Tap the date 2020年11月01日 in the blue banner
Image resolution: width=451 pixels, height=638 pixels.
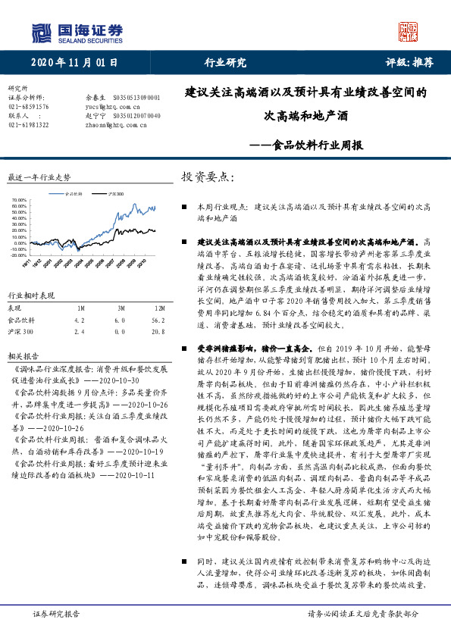click(x=76, y=63)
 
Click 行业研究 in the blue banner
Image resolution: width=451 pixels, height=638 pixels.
click(x=225, y=63)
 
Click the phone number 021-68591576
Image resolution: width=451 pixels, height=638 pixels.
click(x=28, y=107)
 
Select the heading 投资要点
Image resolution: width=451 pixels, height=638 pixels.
click(x=204, y=177)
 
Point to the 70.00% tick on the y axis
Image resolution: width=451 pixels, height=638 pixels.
click(x=19, y=201)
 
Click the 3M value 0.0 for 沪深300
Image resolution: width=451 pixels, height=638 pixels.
click(x=120, y=332)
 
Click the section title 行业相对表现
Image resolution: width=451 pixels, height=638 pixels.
click(x=31, y=295)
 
